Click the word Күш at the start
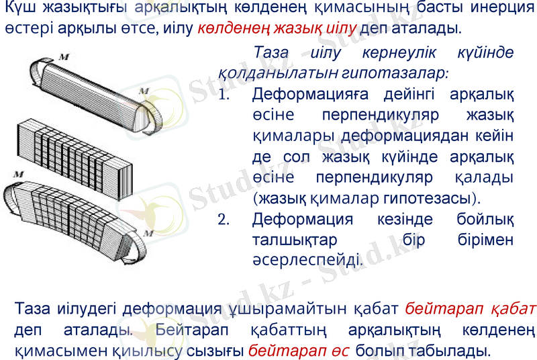(19, 10)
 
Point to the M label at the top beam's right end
(143, 90)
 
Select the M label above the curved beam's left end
(19, 174)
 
